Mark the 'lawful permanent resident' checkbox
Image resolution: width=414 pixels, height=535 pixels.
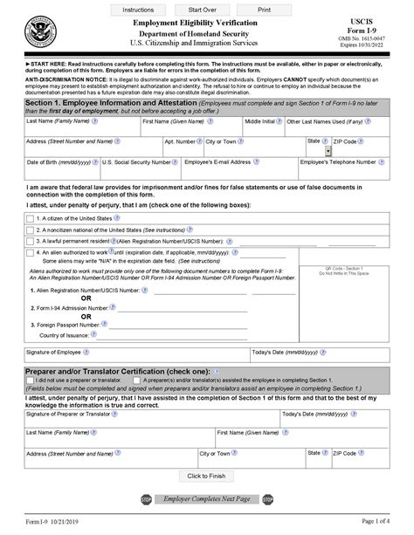tap(31, 240)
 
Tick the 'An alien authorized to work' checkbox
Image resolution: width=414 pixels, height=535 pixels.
tap(31, 251)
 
